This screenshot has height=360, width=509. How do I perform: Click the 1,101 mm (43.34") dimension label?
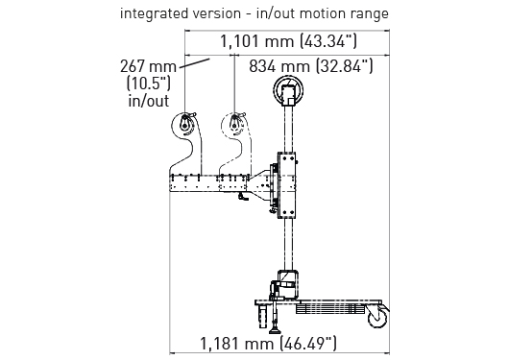coord(288,41)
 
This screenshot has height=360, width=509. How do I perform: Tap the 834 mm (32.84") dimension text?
coord(311,66)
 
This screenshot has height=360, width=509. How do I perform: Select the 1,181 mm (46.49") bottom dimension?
coord(268,344)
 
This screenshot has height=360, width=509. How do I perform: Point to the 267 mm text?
coord(148,66)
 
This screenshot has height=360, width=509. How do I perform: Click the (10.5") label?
coord(148,84)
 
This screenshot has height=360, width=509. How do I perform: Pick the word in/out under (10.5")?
coord(149,101)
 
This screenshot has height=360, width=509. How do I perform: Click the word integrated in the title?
coord(155,14)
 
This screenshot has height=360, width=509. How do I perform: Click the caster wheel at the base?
coord(378,316)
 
